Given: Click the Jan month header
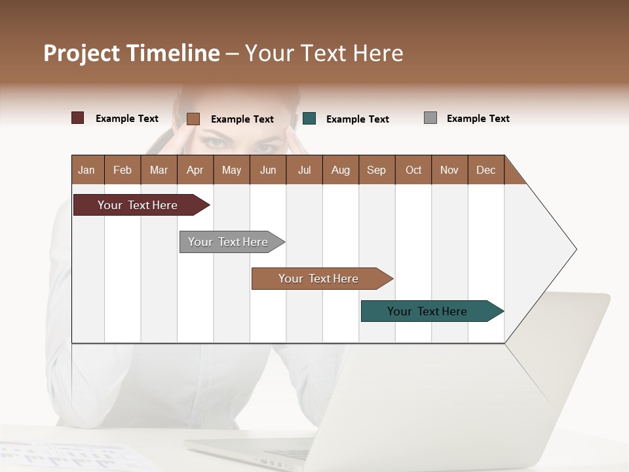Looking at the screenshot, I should tap(87, 170).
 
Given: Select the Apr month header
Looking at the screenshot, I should tap(195, 170).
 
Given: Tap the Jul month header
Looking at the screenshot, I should tap(304, 170).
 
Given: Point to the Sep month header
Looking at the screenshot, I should tap(376, 170).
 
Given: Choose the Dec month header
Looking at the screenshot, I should tap(486, 170).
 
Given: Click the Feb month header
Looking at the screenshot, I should tap(123, 170).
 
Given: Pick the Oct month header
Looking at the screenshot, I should tap(413, 170).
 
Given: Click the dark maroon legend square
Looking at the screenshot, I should tap(78, 118).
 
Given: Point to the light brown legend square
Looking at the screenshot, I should tap(193, 119).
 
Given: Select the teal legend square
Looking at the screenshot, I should tap(309, 119).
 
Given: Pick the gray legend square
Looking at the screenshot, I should tap(430, 118).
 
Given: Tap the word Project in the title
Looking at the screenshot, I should tap(82, 53).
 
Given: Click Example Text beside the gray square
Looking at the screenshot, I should tap(478, 118).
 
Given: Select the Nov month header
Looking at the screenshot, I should tap(449, 170).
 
